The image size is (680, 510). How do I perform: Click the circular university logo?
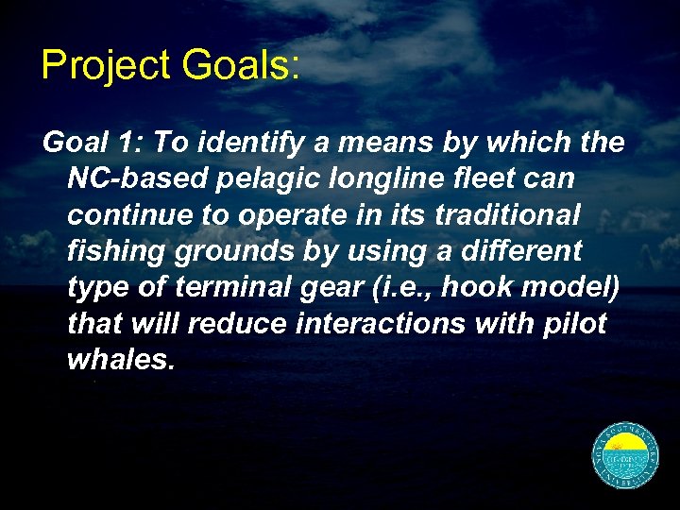[x=624, y=456]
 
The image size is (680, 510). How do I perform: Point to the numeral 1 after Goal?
[x=126, y=143]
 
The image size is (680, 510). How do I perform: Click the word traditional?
[x=506, y=215]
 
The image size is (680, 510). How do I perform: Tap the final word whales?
[x=119, y=359]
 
